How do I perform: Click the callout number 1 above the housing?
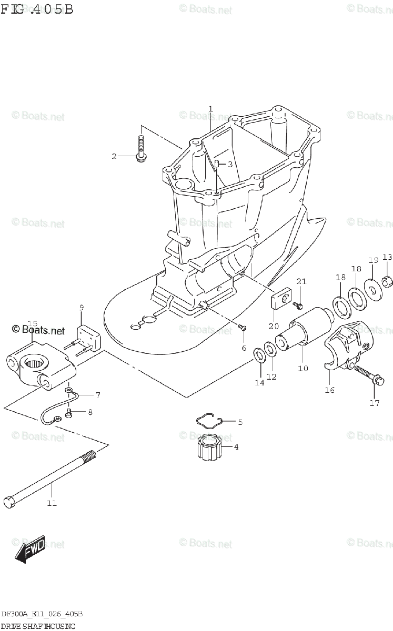[x=210, y=109]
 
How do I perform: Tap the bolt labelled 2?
[x=141, y=148]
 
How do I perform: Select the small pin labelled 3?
[x=216, y=165]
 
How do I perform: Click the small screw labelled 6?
[x=242, y=328]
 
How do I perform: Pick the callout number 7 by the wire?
[x=83, y=394]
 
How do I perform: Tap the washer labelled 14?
[x=259, y=355]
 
